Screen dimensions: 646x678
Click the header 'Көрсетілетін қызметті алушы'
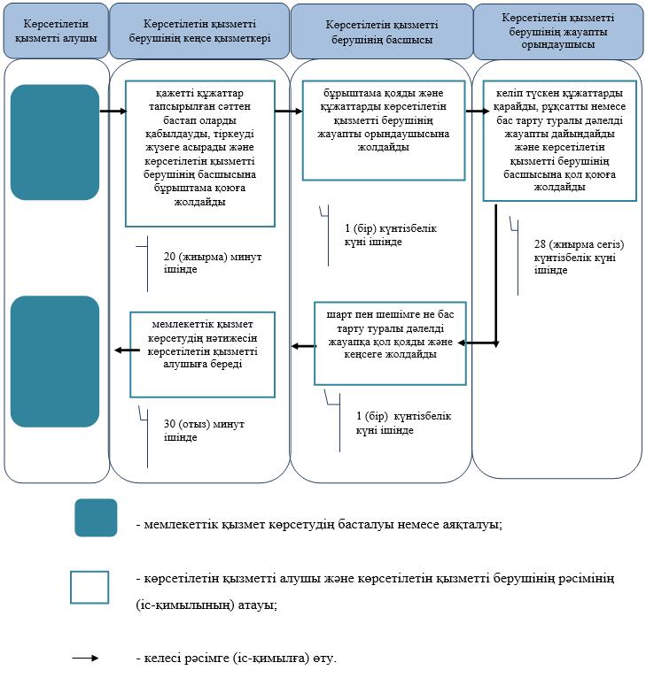coord(56,31)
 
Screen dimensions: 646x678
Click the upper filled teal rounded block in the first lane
coord(55,143)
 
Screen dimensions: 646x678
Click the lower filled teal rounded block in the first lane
coord(55,361)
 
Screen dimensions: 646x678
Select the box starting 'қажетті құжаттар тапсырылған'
coord(200,153)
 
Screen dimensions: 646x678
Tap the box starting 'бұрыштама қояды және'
coord(384,130)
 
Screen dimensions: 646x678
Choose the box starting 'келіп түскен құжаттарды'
coord(560,141)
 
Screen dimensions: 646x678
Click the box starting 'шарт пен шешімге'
coord(390,343)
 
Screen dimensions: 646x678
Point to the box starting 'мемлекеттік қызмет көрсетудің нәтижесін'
coord(203,355)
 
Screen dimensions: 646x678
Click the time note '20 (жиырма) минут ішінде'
coord(213,263)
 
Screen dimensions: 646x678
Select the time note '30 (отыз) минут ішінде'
coord(204,430)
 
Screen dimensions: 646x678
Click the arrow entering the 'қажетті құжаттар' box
coord(113,112)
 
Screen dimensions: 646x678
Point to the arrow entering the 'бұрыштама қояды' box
coord(289,112)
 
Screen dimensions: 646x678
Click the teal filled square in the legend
coord(96,518)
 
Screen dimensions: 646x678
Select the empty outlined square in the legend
coord(90,587)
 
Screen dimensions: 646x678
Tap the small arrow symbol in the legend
coord(85,659)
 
